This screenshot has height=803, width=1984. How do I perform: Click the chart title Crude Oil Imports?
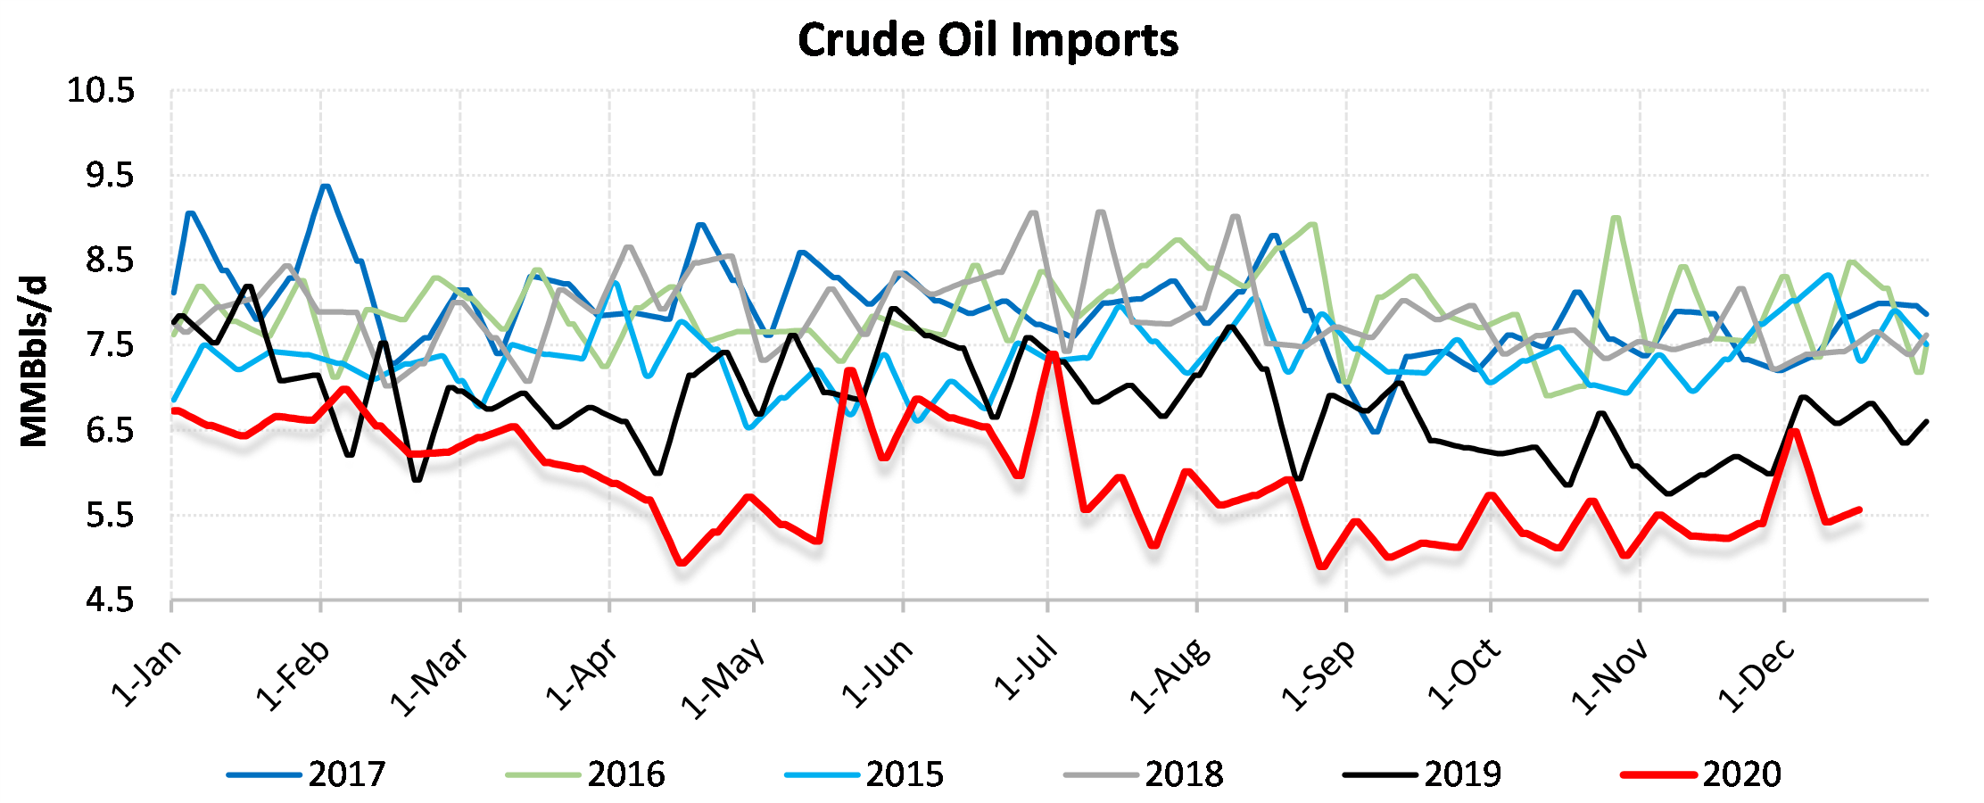[x=988, y=40]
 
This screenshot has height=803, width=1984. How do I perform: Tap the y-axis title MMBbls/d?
[x=34, y=361]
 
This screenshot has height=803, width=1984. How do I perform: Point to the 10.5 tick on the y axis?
[x=101, y=91]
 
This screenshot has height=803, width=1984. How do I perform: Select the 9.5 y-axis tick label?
[x=110, y=176]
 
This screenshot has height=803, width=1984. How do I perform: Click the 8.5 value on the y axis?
[x=110, y=261]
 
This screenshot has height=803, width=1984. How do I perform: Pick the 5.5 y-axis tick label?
[x=110, y=516]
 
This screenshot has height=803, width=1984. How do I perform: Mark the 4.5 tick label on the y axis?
[x=110, y=600]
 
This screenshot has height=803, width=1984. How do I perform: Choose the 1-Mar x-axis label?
[x=429, y=678]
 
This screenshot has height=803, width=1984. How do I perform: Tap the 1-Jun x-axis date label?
[x=878, y=675]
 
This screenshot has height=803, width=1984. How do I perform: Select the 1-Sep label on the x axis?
[x=1319, y=676]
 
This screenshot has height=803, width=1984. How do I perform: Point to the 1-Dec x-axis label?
[x=1757, y=676]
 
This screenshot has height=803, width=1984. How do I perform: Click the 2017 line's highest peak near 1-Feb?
[x=325, y=186]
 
